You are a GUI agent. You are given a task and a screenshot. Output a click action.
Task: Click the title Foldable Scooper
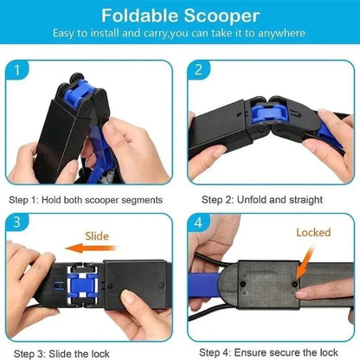click(x=179, y=16)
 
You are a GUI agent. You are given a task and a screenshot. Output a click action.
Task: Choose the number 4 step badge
click(x=200, y=221)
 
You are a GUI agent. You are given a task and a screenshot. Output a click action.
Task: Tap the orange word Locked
click(x=313, y=233)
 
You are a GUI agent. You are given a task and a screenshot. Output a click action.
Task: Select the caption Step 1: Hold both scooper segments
click(x=86, y=199)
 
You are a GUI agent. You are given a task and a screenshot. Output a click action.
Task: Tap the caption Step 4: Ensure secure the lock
click(x=267, y=351)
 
